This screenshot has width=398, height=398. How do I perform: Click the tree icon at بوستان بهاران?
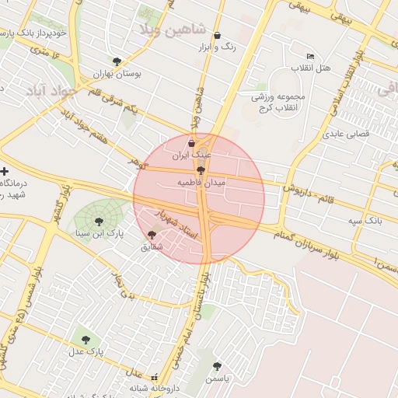point(117,61)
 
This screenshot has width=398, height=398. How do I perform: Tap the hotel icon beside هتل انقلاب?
point(311,57)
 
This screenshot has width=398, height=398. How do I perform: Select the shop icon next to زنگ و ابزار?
point(217,35)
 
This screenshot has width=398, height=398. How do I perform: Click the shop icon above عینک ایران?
point(192,143)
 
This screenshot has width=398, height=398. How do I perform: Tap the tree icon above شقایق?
point(152,235)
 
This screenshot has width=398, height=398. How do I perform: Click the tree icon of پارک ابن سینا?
point(99,221)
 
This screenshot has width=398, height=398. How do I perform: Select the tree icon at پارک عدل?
point(84,339)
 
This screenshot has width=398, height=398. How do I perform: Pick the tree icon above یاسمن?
point(217,366)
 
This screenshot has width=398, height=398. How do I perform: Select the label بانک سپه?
point(365,221)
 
